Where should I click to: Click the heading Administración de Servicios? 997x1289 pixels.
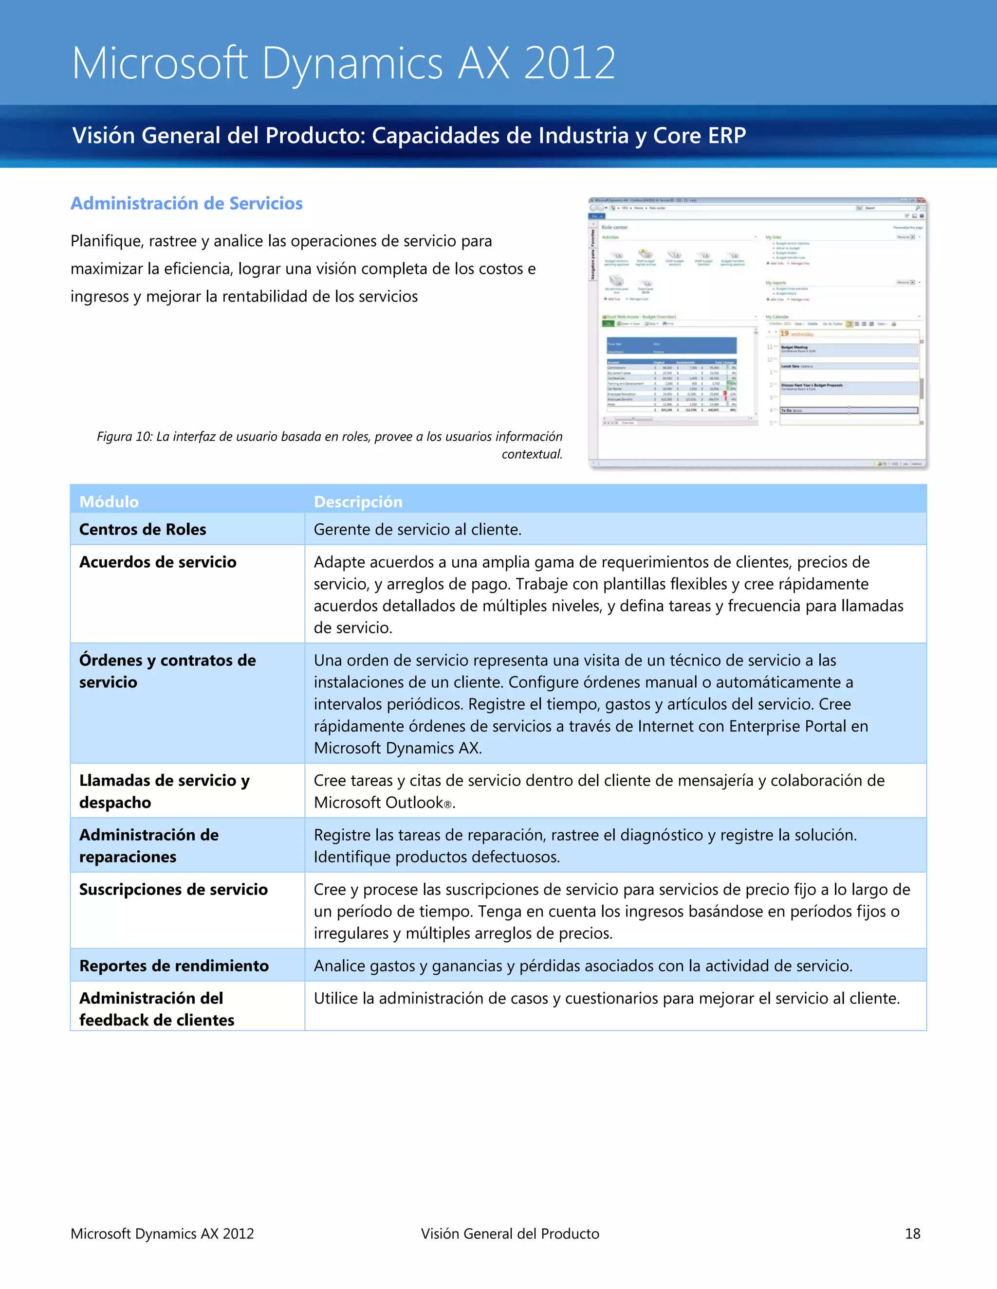click(186, 204)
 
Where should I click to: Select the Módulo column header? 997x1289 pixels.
click(109, 501)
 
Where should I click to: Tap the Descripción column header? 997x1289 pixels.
click(358, 501)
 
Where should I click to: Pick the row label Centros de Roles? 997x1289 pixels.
click(142, 529)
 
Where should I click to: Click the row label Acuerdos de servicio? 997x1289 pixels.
click(158, 562)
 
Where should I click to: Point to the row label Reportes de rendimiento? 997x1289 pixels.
click(174, 966)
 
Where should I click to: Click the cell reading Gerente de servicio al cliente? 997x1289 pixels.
click(417, 529)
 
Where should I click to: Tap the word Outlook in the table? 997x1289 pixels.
click(414, 803)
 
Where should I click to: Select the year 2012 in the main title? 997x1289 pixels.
click(570, 63)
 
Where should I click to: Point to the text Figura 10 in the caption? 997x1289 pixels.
click(124, 437)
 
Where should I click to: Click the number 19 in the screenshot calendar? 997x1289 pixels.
click(784, 334)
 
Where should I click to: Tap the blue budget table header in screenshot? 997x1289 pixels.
click(671, 345)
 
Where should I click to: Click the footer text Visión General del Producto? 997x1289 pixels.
click(510, 1234)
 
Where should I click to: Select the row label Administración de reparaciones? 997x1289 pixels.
click(148, 846)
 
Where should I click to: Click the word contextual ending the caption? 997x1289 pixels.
click(531, 454)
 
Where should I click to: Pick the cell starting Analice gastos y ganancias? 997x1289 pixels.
click(582, 966)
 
